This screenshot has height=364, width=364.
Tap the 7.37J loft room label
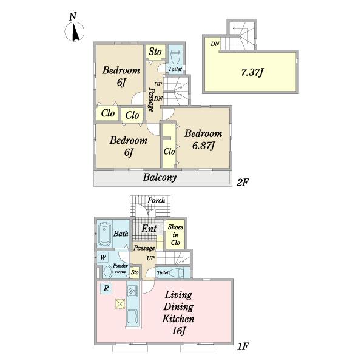[x=252, y=72]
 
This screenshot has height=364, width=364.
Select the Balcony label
[x=160, y=177]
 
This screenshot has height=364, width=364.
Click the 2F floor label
[x=243, y=183]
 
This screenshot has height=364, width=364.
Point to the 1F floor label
[x=243, y=346]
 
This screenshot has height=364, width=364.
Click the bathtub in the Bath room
[x=104, y=234]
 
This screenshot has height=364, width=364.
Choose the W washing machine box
[x=103, y=257]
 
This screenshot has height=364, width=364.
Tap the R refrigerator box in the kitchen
[x=106, y=288]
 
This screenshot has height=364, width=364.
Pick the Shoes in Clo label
[x=175, y=235]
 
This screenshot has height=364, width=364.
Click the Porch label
[x=157, y=200]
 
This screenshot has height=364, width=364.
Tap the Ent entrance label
[x=149, y=229]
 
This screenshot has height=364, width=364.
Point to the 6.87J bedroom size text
[x=203, y=146]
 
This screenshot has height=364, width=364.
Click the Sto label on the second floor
[x=155, y=52]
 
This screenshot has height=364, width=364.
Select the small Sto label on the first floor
[x=135, y=272]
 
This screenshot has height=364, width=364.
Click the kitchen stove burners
[x=133, y=291]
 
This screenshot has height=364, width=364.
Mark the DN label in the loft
[x=215, y=44]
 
